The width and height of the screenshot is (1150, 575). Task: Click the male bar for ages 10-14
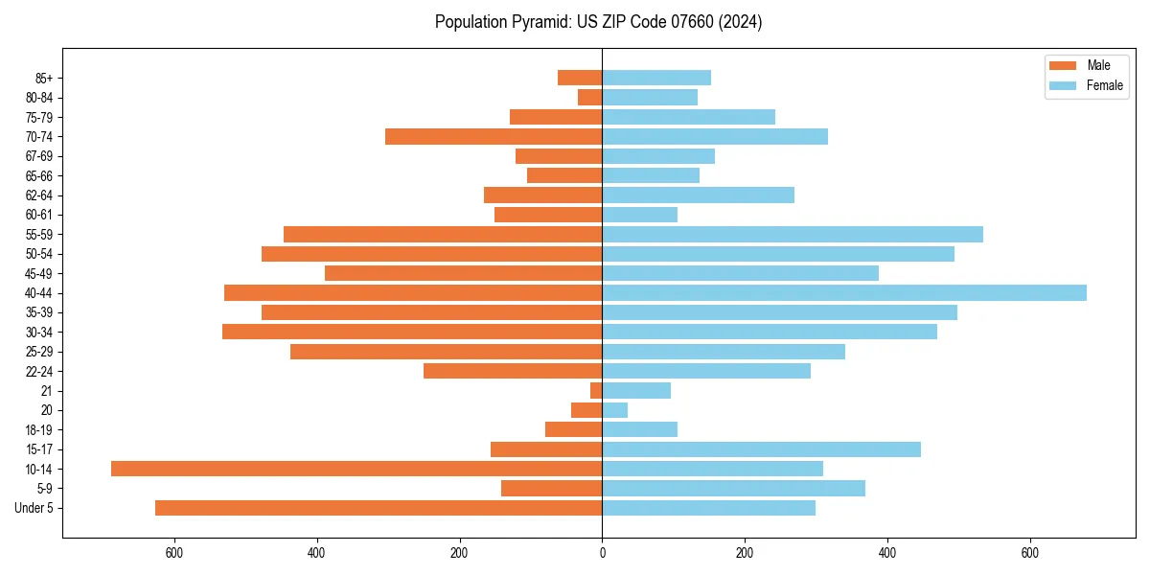click(x=356, y=469)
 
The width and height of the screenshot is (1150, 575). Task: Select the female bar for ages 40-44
click(x=844, y=292)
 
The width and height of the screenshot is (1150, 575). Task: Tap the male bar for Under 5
click(x=379, y=508)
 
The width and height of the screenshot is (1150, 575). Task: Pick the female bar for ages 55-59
click(x=793, y=234)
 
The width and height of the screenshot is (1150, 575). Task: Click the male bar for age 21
click(x=596, y=390)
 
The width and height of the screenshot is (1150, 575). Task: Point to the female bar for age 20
click(x=615, y=410)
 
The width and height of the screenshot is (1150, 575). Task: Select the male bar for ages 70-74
click(x=494, y=136)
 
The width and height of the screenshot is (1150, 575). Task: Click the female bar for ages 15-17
click(x=761, y=449)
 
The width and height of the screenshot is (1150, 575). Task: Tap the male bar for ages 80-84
click(x=590, y=97)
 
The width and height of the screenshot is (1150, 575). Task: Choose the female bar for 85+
click(x=656, y=78)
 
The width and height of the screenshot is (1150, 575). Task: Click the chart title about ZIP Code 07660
click(x=598, y=22)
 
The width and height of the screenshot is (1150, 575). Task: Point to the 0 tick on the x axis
click(x=602, y=553)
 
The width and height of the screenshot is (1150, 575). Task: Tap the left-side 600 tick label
click(x=173, y=553)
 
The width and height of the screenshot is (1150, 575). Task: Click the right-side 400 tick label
click(x=887, y=553)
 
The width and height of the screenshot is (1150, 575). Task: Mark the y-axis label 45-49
click(x=39, y=273)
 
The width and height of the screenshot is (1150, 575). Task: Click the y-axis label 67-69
click(x=39, y=156)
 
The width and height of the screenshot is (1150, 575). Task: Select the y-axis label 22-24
click(x=39, y=371)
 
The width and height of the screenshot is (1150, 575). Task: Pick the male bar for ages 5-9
click(x=551, y=489)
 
